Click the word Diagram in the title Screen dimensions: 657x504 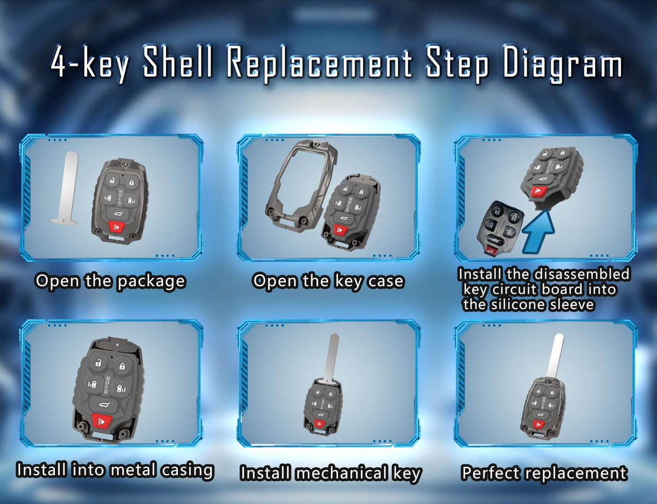(562, 65)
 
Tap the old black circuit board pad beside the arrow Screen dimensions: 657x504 (499, 228)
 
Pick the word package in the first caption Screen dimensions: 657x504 (151, 282)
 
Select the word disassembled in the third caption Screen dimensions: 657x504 (581, 274)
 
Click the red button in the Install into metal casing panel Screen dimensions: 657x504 (101, 421)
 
